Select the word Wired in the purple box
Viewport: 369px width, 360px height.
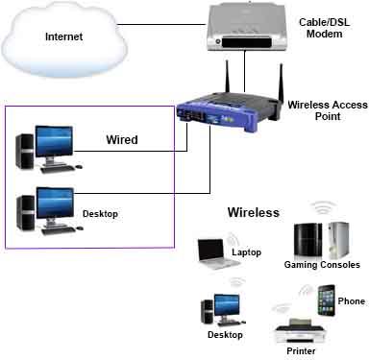[x=122, y=140]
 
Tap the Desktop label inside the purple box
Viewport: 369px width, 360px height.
[x=100, y=213]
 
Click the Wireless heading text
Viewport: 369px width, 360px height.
[x=254, y=212]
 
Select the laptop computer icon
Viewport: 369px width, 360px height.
[x=210, y=252]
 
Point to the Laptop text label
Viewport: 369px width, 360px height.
[x=247, y=253]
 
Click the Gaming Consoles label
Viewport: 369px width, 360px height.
[x=322, y=264]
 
